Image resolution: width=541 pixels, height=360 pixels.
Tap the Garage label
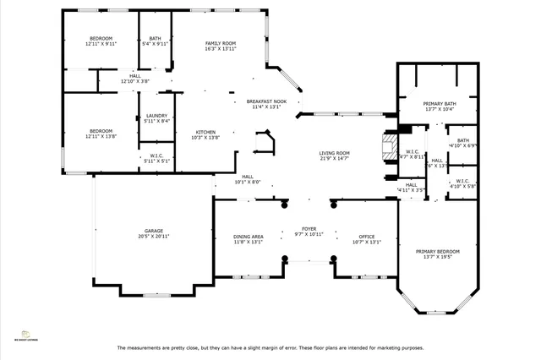click(153, 231)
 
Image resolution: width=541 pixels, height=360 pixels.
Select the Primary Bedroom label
click(437, 251)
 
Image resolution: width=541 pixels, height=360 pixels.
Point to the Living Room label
click(335, 153)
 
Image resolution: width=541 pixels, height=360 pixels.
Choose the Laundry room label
click(156, 116)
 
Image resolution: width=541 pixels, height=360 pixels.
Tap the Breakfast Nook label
click(266, 101)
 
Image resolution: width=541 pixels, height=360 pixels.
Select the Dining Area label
click(249, 237)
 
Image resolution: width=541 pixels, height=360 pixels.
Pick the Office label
click(366, 237)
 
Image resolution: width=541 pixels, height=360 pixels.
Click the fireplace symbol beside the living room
click(389, 145)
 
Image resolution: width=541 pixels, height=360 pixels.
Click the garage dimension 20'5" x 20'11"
click(153, 236)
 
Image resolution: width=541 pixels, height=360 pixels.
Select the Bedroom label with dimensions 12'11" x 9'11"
click(101, 38)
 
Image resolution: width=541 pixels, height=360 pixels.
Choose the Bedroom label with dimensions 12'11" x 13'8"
click(101, 131)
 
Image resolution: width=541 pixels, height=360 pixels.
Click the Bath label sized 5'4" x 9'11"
click(155, 38)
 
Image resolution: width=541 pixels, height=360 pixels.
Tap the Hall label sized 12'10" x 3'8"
click(134, 76)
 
